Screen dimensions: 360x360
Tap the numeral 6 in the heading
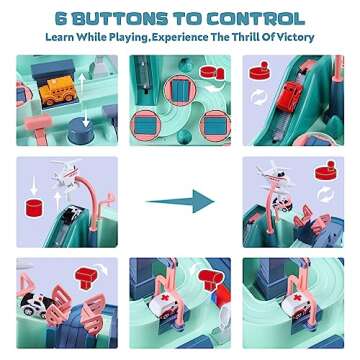point(62,19)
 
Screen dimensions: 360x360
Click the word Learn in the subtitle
point(60,37)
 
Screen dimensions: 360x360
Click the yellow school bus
point(57,89)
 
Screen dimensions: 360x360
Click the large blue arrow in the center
point(180,201)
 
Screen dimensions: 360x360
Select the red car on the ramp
point(290,96)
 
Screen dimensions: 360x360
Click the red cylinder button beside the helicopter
point(35,207)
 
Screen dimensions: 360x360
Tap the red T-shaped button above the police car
point(86,276)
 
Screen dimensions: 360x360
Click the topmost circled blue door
point(180,90)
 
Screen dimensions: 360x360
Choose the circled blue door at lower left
point(146,125)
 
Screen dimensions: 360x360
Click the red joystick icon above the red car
point(260,70)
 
